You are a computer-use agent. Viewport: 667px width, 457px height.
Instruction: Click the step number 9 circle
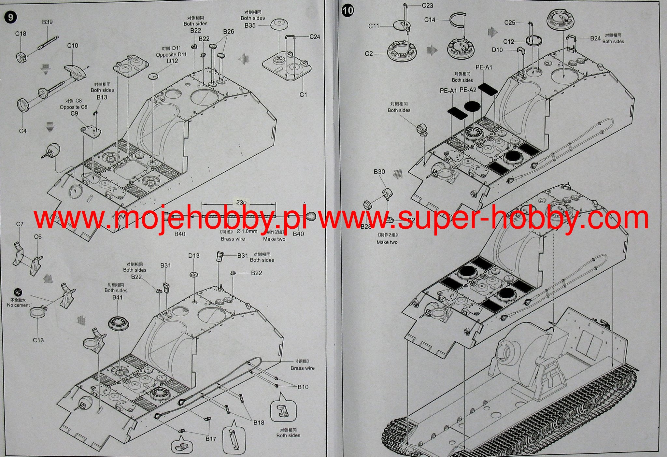[11, 17]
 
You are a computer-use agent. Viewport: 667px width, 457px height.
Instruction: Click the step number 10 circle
[348, 10]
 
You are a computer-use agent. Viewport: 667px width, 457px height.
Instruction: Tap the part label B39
[47, 22]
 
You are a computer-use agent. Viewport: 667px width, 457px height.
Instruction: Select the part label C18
[21, 34]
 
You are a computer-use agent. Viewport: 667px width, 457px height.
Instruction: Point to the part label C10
[73, 46]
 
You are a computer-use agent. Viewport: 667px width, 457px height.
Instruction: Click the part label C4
[22, 131]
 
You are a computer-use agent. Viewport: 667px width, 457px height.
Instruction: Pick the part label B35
[250, 25]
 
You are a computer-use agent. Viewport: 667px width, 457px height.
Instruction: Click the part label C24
[315, 37]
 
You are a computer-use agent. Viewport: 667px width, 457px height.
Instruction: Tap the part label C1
[303, 94]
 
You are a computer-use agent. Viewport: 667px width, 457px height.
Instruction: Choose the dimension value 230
[241, 203]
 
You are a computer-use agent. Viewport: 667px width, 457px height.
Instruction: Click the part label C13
[38, 340]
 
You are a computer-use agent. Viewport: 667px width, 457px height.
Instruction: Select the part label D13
[194, 256]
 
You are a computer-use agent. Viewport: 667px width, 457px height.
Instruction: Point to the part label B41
[117, 297]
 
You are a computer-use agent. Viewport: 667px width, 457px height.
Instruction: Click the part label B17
[211, 439]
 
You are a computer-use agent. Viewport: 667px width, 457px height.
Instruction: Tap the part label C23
[427, 6]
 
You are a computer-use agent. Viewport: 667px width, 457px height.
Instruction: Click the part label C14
[430, 20]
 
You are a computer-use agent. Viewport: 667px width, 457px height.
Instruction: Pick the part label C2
[369, 53]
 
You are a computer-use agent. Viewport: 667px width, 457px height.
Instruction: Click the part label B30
[379, 172]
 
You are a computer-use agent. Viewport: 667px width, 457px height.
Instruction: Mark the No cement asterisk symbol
[18, 292]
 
